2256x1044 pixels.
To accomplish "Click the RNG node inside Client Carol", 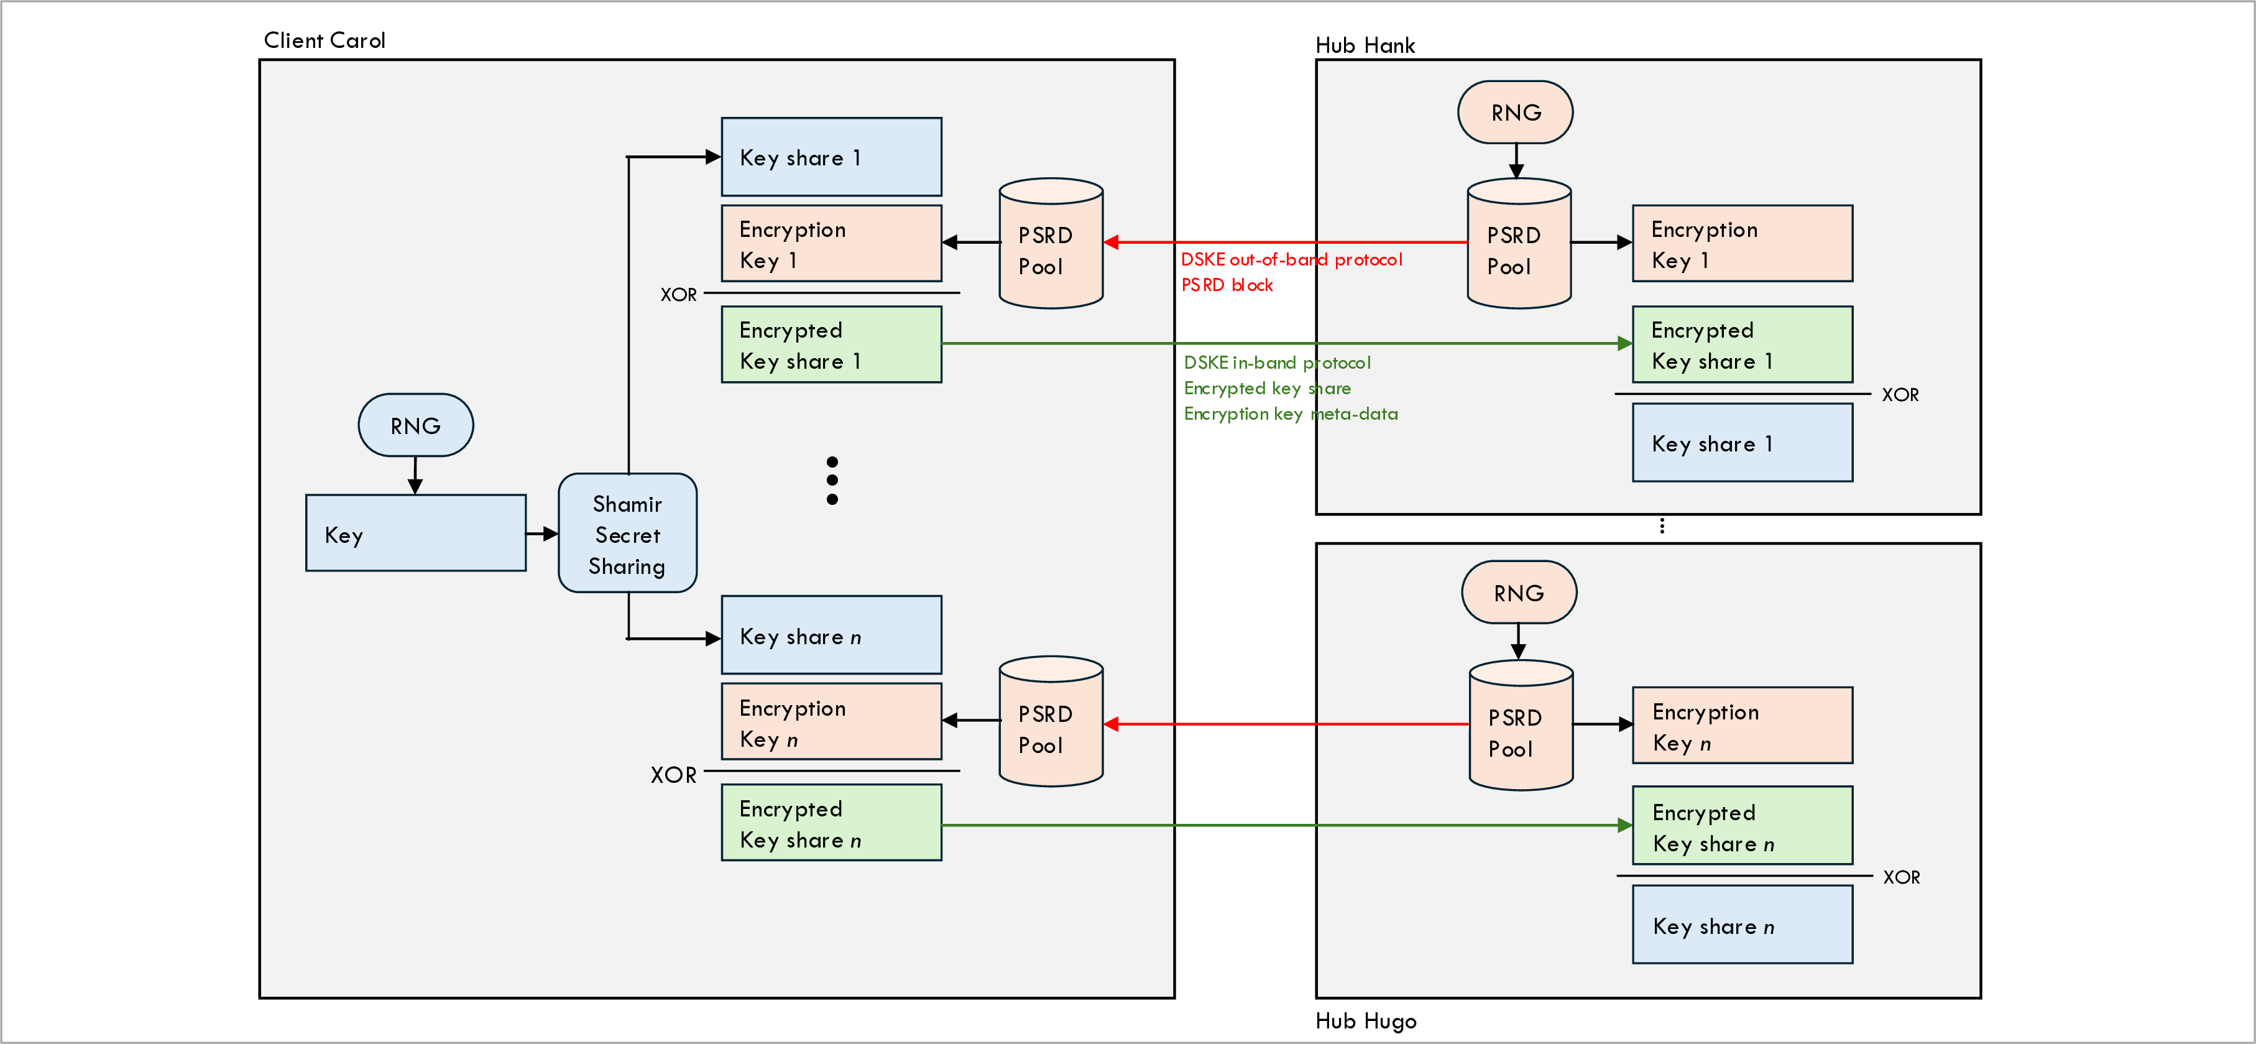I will point(415,426).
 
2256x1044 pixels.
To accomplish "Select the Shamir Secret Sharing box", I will point(627,534).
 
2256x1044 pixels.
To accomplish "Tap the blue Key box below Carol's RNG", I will point(415,534).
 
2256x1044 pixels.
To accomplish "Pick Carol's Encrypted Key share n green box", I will point(831,823).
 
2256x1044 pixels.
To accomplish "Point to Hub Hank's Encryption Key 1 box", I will point(1741,244).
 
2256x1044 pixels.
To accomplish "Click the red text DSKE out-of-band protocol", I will point(1291,259).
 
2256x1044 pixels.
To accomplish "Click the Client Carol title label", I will point(324,40).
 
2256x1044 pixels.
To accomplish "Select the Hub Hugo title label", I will point(1365,1020).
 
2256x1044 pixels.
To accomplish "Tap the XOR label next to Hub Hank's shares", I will point(1900,395).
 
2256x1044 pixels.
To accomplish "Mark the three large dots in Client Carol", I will point(831,480).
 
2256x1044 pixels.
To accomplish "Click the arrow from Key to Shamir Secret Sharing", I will point(542,534).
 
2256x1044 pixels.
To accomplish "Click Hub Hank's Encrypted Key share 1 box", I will point(1741,344).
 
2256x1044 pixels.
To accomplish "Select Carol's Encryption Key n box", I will point(831,723).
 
